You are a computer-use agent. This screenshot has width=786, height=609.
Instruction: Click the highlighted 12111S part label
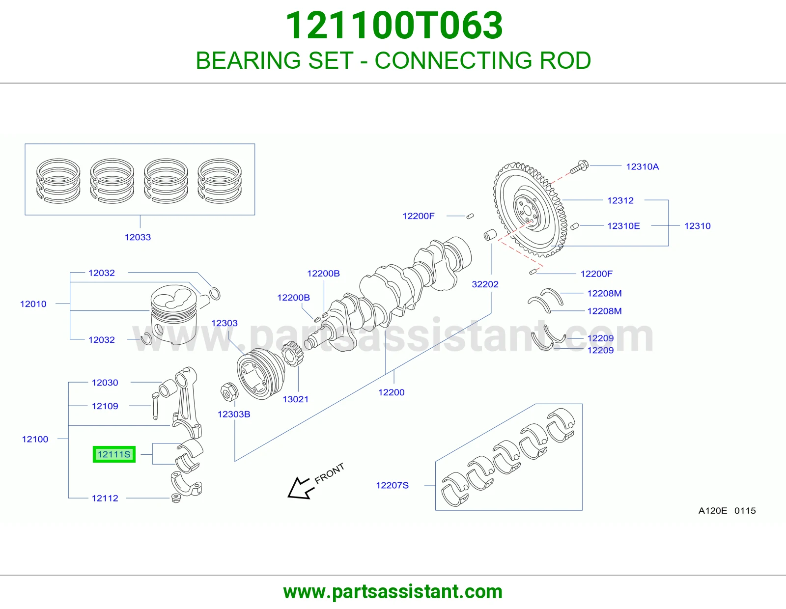(x=114, y=454)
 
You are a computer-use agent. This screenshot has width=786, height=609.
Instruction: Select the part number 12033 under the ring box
(x=138, y=237)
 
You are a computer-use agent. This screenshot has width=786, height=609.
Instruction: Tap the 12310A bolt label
(x=643, y=166)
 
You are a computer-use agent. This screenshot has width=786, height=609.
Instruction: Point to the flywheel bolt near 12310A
(x=580, y=167)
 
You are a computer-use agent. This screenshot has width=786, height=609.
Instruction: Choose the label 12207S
(x=392, y=485)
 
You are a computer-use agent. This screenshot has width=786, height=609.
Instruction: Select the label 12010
(x=33, y=304)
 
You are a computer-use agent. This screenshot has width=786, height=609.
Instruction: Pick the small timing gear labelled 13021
(x=292, y=354)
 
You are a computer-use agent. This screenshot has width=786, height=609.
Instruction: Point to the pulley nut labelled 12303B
(x=229, y=391)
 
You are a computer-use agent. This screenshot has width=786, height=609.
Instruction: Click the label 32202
(x=485, y=284)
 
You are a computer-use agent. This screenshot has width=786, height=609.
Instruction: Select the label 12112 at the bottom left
(x=105, y=498)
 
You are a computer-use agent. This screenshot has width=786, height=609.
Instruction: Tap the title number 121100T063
(x=394, y=26)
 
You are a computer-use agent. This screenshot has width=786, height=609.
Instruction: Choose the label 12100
(x=35, y=439)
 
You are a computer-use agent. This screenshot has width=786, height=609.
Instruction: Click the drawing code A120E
(x=712, y=511)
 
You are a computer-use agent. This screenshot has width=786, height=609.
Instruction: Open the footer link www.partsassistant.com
(x=393, y=592)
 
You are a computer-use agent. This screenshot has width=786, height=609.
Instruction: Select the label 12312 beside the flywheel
(x=620, y=200)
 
